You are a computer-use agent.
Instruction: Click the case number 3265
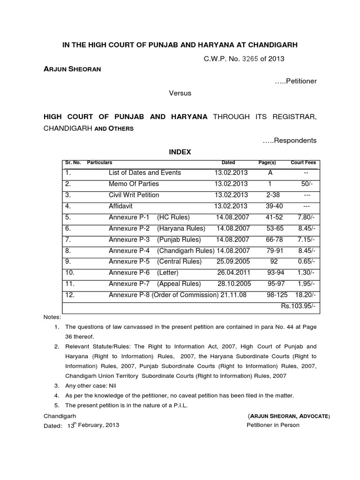pos(251,59)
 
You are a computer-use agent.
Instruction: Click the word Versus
pos(180,93)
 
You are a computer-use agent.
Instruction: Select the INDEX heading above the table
pos(180,152)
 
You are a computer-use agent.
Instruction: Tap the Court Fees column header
pos(303,163)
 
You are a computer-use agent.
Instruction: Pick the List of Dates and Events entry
pos(145,172)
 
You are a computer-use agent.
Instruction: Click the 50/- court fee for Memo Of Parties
pos(307,184)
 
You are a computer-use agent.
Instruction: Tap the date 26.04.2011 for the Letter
pos(233,272)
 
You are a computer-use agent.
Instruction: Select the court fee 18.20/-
pos(306,295)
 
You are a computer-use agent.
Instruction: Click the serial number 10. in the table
pos(70,272)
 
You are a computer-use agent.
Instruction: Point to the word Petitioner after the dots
pos(300,81)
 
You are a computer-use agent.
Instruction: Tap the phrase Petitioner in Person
pos(273,425)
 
